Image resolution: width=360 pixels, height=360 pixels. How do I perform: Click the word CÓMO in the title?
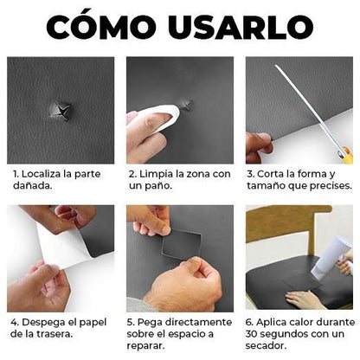[105, 26]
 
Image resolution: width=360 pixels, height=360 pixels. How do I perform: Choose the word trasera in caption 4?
[51, 333]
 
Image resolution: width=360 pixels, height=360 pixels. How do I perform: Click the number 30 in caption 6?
[255, 333]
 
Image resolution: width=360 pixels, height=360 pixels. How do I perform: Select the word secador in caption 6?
[269, 345]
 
